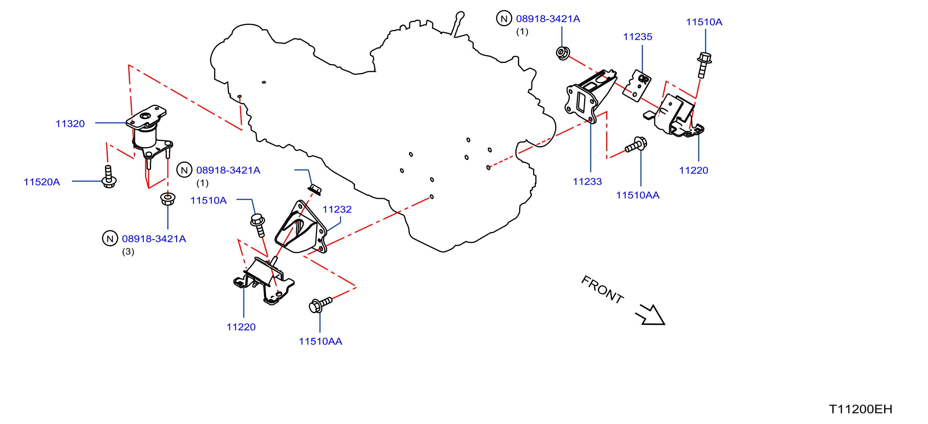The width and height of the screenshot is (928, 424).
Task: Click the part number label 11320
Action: [70, 124]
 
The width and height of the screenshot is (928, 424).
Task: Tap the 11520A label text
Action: [42, 182]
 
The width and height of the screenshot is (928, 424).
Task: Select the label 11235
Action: [638, 37]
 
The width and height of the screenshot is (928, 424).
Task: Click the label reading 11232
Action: [337, 209]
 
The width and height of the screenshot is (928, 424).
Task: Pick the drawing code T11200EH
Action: [861, 409]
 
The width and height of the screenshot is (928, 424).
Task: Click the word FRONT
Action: [602, 290]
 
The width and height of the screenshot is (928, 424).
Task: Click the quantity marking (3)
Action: [128, 252]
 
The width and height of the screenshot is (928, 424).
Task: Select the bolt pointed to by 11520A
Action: [109, 177]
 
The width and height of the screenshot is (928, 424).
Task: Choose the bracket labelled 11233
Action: [590, 97]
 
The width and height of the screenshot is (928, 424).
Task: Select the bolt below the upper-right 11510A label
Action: [704, 65]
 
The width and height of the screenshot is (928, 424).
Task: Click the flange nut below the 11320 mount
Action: [168, 199]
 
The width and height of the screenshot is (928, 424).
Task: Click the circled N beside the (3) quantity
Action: [110, 238]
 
